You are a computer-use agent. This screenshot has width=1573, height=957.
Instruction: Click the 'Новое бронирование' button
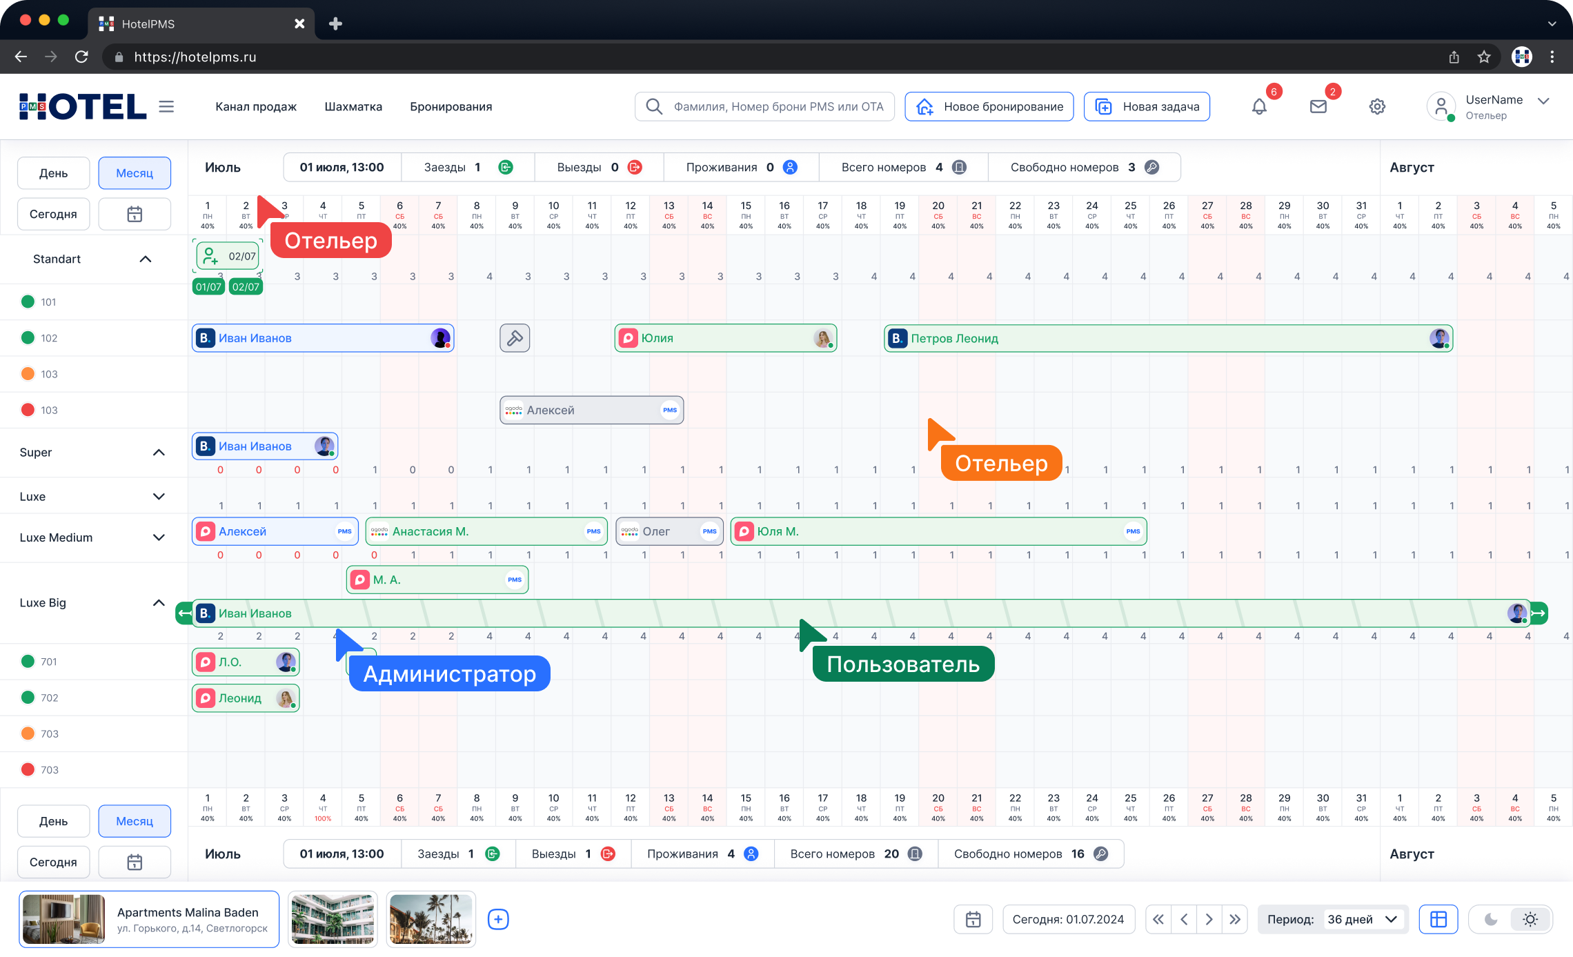tap(989, 107)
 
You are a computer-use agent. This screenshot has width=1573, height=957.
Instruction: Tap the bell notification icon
tap(1259, 107)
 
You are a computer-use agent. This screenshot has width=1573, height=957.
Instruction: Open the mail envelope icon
tap(1318, 107)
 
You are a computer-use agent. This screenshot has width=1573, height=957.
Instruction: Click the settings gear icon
tap(1377, 107)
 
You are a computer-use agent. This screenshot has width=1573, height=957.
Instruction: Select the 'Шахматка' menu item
tap(353, 107)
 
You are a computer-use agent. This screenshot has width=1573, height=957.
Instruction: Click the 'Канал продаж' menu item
tap(256, 107)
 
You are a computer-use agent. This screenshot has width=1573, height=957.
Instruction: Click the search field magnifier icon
tap(654, 106)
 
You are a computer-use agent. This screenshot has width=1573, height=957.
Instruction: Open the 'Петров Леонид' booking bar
tap(1168, 338)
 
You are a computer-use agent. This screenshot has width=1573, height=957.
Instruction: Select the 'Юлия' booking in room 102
tap(726, 338)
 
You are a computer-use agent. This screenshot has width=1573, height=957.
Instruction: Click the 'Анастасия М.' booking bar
tap(486, 531)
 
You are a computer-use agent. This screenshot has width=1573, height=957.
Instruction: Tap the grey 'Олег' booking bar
tap(669, 531)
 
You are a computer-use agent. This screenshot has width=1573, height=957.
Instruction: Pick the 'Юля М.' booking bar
tap(938, 531)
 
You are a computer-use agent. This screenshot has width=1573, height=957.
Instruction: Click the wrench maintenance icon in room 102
tap(515, 338)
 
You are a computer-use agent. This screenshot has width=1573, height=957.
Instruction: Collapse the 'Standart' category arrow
tap(146, 259)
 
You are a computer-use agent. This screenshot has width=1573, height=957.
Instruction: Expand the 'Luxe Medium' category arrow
tap(159, 537)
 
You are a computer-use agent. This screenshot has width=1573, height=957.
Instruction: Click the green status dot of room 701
tap(28, 662)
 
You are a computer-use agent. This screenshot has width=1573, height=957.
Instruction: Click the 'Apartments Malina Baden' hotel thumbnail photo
tap(63, 919)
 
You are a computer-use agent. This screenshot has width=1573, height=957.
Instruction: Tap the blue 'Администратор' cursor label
tap(450, 673)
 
